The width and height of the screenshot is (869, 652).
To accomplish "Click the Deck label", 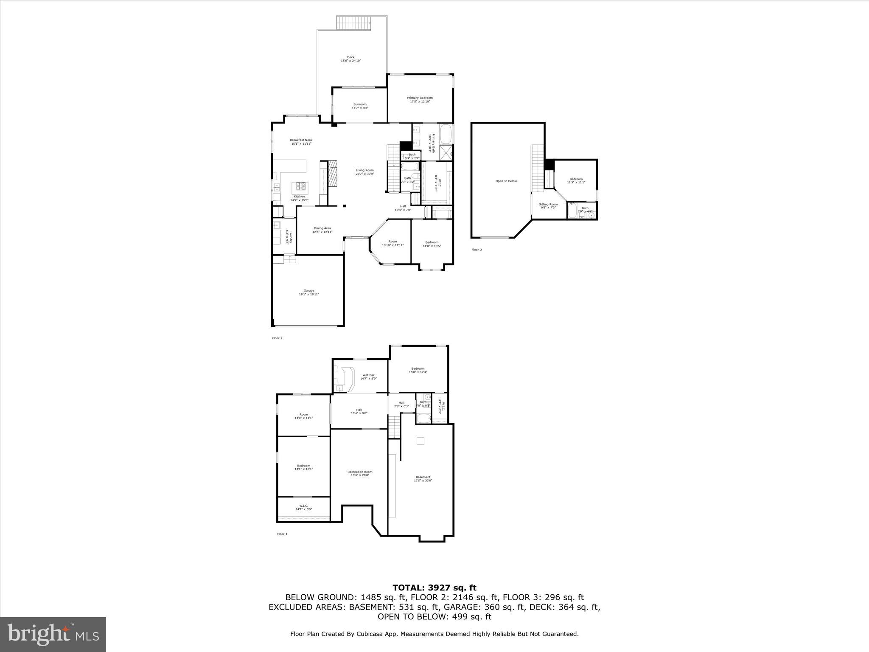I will point(350,59).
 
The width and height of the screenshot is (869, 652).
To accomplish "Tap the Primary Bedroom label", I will point(420,100).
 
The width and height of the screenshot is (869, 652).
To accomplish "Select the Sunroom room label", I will point(360,106).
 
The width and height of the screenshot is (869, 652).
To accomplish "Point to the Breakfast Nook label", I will point(301,142).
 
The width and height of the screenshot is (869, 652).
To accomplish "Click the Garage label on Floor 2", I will point(308,292).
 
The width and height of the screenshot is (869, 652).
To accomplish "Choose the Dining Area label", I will point(322,230).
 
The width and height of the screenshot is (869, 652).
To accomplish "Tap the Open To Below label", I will point(506,181).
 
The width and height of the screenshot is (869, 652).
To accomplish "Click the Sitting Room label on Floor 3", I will point(548,206).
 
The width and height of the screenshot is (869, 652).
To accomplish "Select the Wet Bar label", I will point(368,377).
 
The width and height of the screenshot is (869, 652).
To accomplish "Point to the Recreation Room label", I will point(360,473).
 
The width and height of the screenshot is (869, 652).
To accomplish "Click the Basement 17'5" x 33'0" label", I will point(423,479).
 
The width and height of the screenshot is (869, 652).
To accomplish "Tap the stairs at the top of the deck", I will point(354,22).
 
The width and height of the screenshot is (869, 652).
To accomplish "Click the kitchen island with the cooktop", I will point(300,186).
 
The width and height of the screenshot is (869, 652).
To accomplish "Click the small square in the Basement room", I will point(420,441).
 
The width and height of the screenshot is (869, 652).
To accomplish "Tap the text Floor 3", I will point(477,250).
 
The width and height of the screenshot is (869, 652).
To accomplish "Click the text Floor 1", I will point(282,534).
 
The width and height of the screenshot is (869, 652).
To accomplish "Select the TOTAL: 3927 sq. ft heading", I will point(434,588).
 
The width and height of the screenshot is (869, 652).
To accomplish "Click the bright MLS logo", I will point(53,634).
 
